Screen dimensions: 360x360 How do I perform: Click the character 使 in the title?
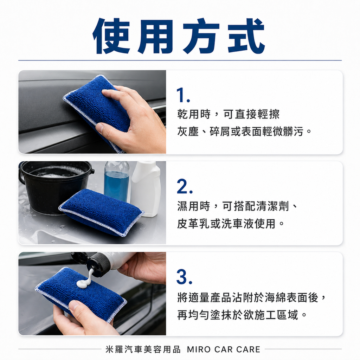[x=111, y=36]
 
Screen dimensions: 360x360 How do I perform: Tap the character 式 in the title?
[x=246, y=36]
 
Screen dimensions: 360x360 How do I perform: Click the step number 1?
[x=183, y=95]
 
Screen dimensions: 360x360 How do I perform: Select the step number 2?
[x=185, y=186]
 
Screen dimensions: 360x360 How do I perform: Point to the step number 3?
[x=184, y=277]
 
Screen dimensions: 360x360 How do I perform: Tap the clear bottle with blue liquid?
[x=116, y=181]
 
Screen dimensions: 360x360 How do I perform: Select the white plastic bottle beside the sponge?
[x=146, y=188]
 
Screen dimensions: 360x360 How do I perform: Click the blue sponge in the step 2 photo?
[x=101, y=212]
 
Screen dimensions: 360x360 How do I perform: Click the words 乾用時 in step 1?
[x=194, y=114]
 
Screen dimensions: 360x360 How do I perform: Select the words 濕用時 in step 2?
[x=194, y=206]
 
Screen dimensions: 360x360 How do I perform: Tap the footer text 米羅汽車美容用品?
[x=143, y=349]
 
